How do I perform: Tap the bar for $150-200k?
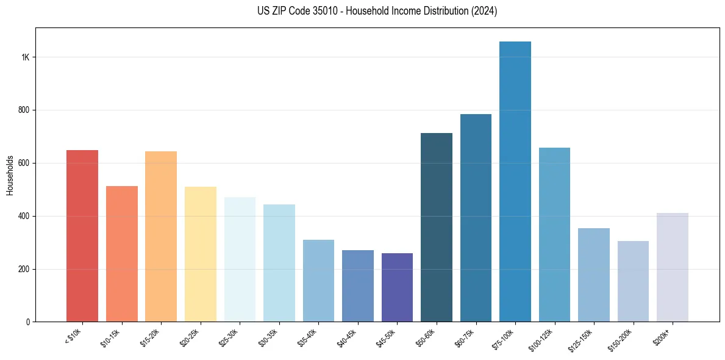click(633, 281)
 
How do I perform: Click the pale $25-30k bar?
click(240, 259)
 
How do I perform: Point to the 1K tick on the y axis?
click(25, 57)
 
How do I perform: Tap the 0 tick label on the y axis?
click(27, 322)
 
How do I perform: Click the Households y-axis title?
click(10, 175)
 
